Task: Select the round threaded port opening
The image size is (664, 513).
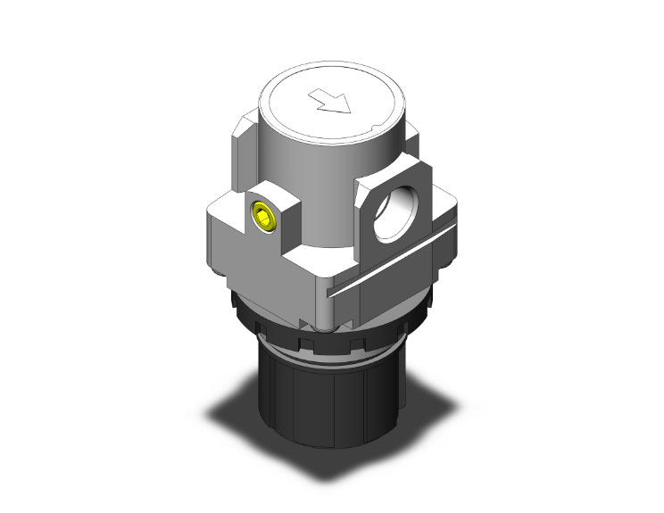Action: (x=393, y=214)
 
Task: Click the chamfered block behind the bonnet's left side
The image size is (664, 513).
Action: (x=243, y=143)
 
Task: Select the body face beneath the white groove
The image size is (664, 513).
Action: (x=384, y=299)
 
